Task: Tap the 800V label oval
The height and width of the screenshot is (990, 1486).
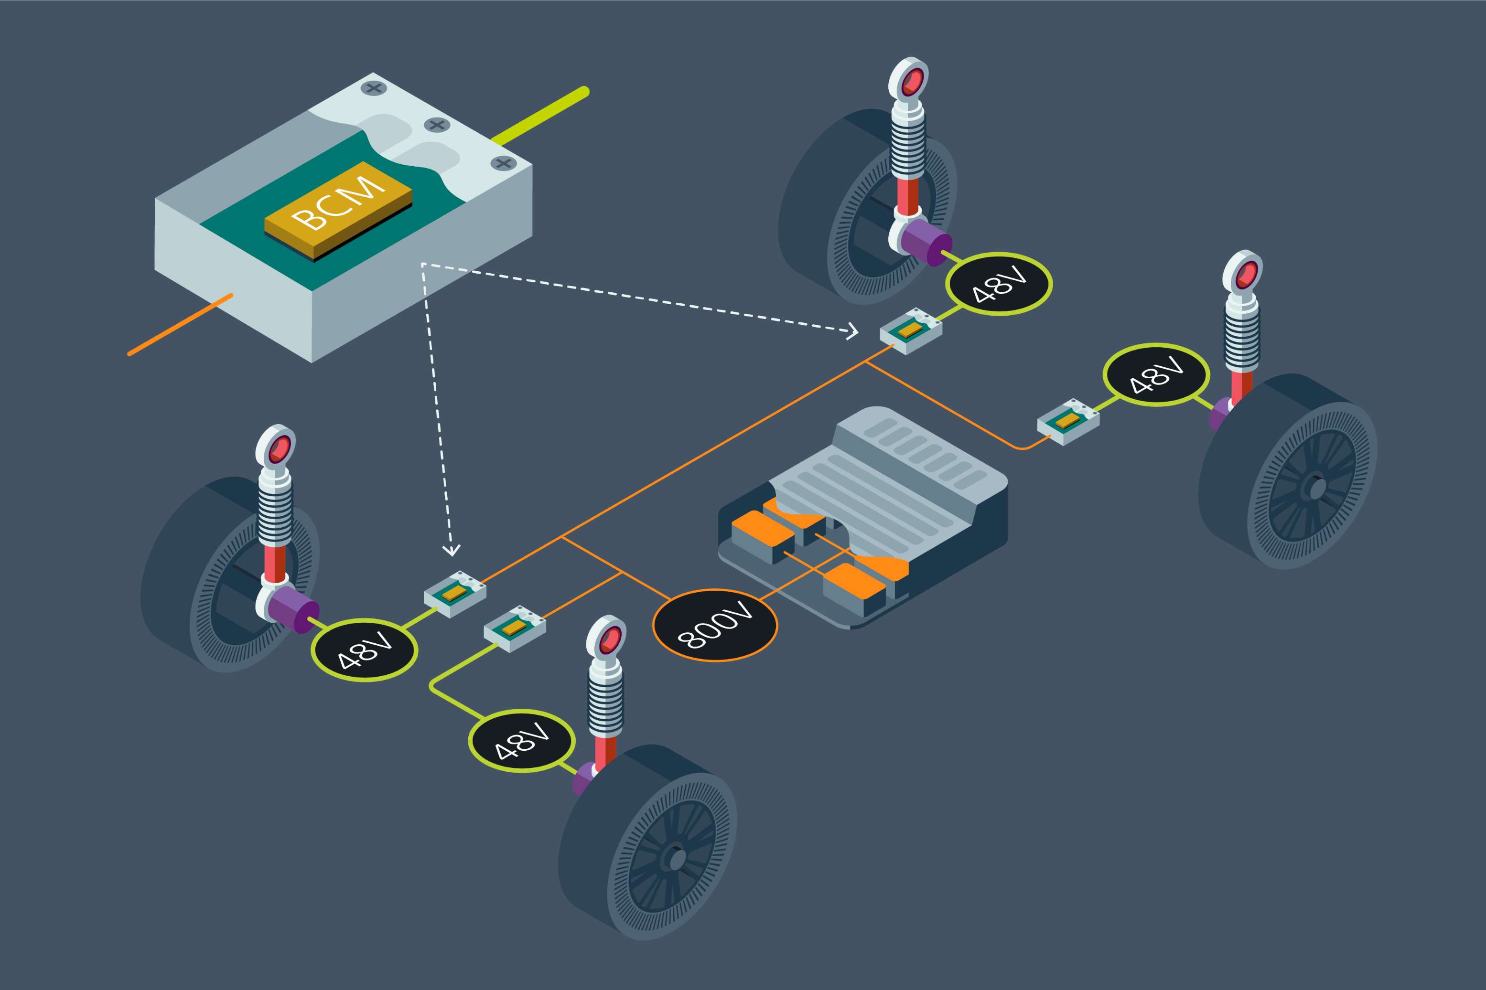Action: [714, 625]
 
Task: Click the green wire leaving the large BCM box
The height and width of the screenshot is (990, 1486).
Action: [540, 117]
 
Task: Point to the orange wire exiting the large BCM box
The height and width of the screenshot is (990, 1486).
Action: [180, 325]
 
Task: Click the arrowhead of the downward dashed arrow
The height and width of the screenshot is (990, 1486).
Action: [451, 550]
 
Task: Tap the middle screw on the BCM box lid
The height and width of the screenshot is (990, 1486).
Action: [436, 124]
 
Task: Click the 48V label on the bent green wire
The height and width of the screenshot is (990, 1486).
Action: [522, 741]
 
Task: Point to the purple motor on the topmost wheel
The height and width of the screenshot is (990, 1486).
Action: [926, 242]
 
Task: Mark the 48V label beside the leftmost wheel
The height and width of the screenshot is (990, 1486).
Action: [365, 651]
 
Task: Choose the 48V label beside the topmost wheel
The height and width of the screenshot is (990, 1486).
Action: [999, 284]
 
